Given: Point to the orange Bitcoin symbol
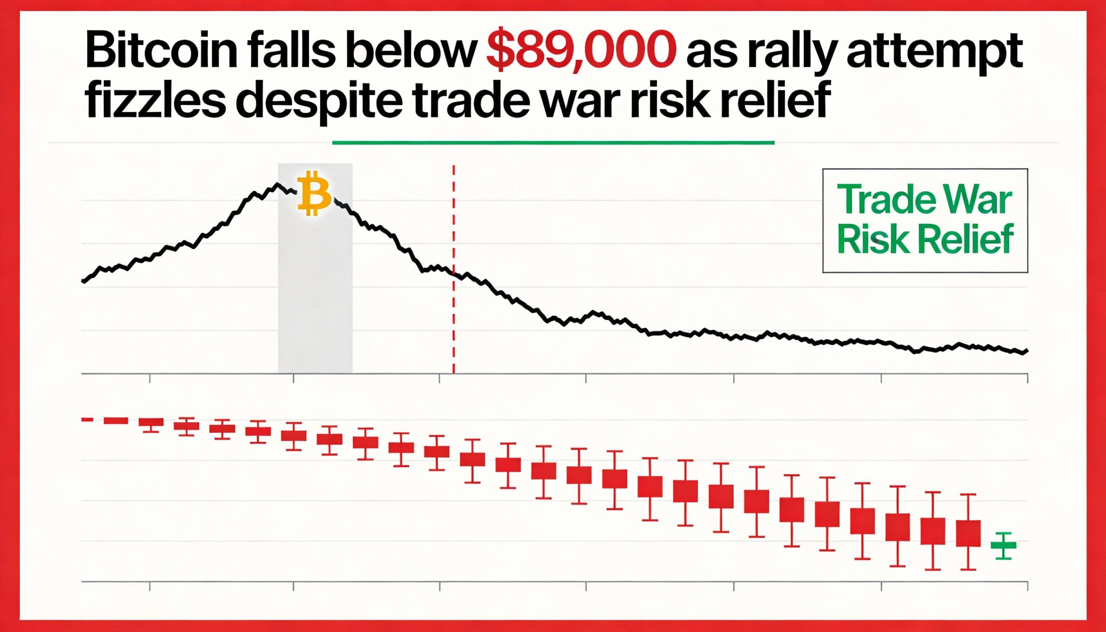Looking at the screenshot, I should pos(314,194).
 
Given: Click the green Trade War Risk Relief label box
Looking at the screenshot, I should pos(925,220).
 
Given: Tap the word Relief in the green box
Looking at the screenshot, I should pos(971,240).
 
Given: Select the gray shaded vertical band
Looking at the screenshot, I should pos(315,304).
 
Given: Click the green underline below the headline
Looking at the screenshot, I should pos(553,142).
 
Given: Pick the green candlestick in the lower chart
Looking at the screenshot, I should pos(1003,545).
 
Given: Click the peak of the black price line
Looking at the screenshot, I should pos(277,185).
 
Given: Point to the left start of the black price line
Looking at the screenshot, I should pos(83,281).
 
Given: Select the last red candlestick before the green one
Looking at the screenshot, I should pos(968,533).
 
